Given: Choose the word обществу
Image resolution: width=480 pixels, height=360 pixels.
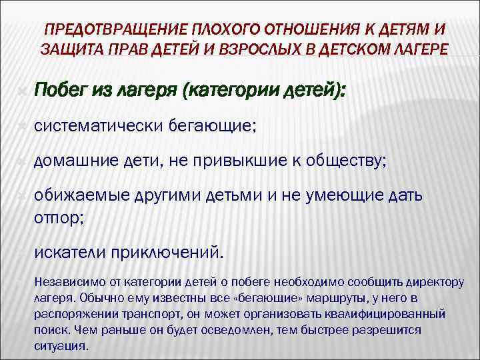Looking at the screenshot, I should pyautogui.click(x=340, y=160).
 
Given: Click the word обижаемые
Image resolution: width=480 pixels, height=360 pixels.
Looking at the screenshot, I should pyautogui.click(x=83, y=195).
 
